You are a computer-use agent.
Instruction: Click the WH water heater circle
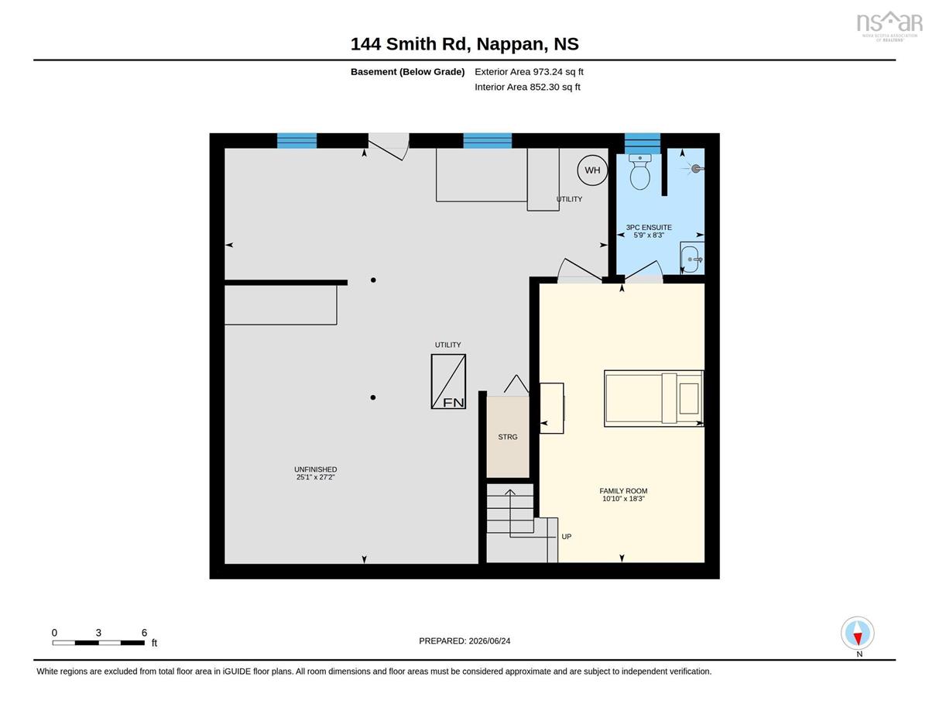tap(592, 170)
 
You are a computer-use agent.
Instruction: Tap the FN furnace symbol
tap(448, 381)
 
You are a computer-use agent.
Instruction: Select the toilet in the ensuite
tap(640, 172)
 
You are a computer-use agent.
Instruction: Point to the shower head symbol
tap(695, 169)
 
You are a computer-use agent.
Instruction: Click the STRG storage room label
tap(508, 437)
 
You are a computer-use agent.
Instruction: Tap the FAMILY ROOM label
tap(623, 495)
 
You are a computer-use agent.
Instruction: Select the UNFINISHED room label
tap(316, 473)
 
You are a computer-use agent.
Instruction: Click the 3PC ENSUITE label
tap(649, 232)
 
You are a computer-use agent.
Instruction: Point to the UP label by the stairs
tap(567, 537)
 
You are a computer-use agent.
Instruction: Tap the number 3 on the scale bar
tap(98, 633)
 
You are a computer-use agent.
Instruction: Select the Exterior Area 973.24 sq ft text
tap(529, 72)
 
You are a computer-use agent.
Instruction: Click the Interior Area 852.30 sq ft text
tap(527, 88)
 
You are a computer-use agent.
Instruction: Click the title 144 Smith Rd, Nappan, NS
tap(464, 44)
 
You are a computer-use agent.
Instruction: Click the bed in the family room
tap(653, 399)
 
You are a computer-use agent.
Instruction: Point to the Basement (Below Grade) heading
tap(407, 72)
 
